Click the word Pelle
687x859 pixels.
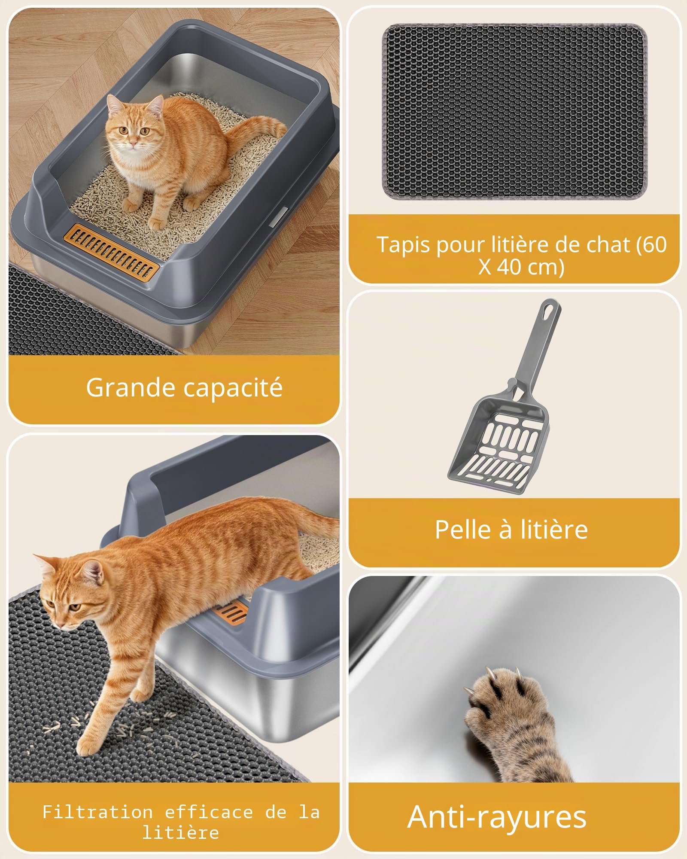[463, 529]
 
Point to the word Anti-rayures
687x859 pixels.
[497, 816]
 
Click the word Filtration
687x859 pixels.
[97, 812]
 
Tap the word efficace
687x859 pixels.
[209, 812]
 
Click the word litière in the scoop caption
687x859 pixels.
[554, 529]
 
